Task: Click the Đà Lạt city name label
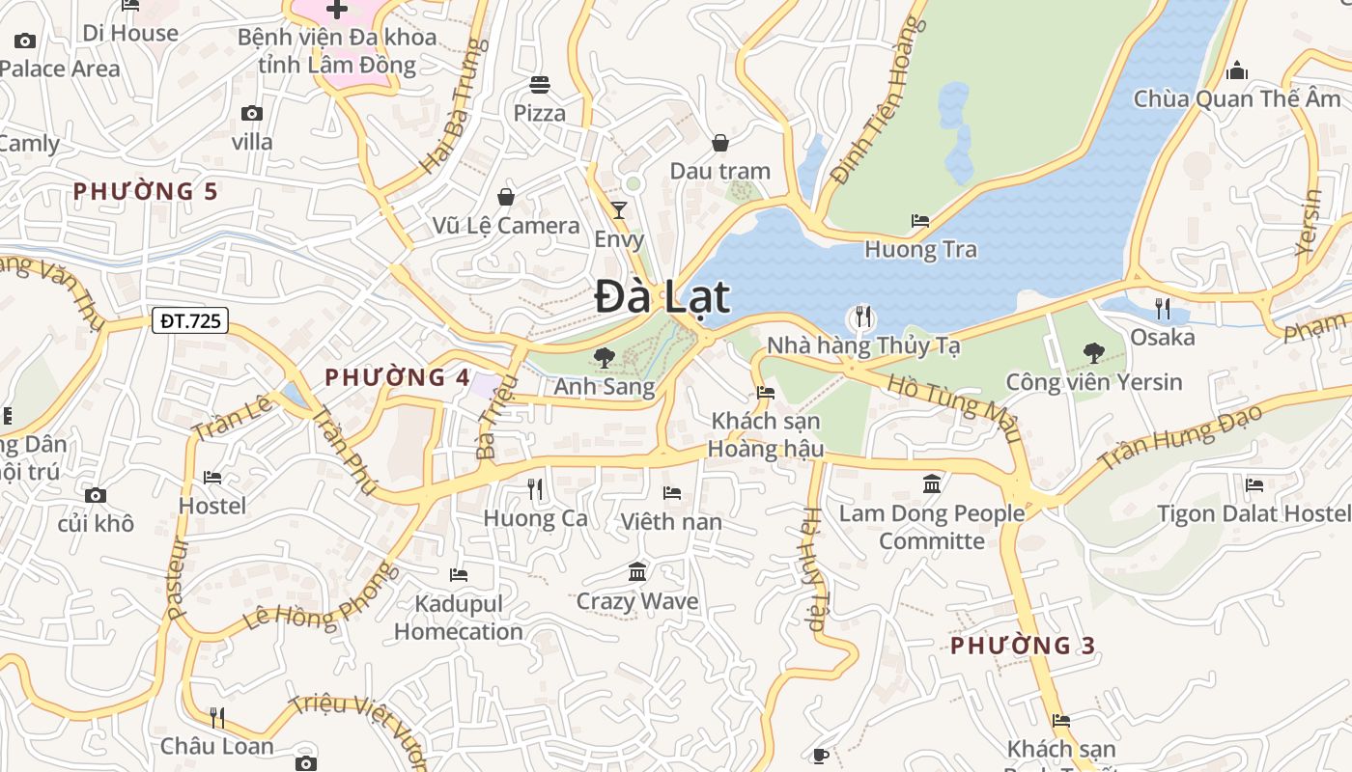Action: click(x=662, y=296)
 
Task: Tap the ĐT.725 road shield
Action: click(x=190, y=320)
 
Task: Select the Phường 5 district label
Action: click(x=146, y=191)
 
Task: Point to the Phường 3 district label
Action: click(x=1023, y=646)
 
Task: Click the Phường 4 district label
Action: click(x=398, y=377)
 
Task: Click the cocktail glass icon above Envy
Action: click(x=619, y=210)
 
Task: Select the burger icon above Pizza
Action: click(x=540, y=85)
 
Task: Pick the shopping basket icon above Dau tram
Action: click(x=720, y=144)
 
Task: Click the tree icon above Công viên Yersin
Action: click(x=1094, y=353)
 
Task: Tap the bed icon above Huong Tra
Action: click(x=920, y=221)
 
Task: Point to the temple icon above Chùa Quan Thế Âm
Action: click(x=1237, y=70)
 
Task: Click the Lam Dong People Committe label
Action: click(x=932, y=527)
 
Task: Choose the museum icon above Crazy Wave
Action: click(x=637, y=572)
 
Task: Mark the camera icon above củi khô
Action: click(x=96, y=496)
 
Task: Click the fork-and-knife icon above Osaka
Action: click(x=1163, y=309)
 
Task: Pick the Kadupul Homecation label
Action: click(x=459, y=618)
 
